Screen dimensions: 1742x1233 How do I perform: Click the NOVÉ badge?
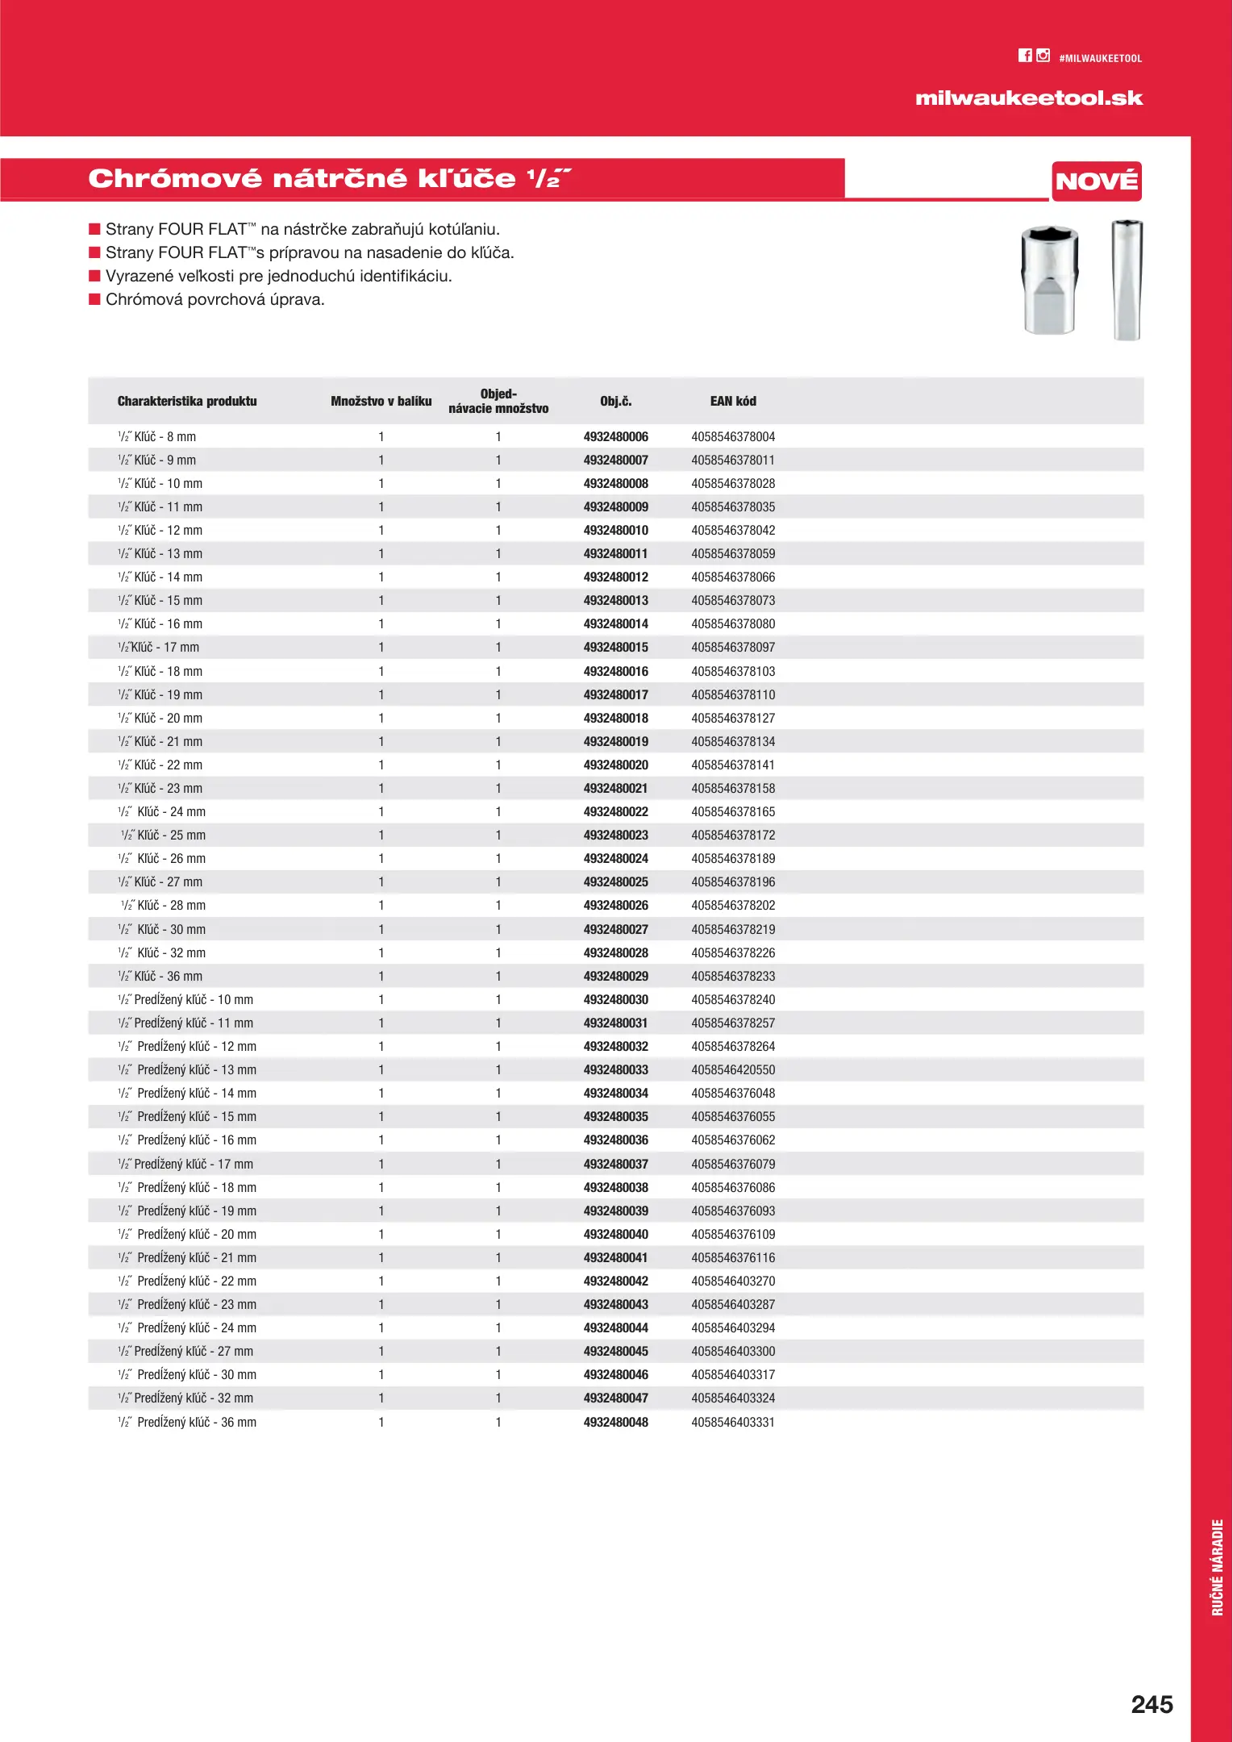[1096, 181]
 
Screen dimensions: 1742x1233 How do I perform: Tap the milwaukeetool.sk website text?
[1028, 98]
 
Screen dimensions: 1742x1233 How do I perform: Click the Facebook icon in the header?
[1025, 56]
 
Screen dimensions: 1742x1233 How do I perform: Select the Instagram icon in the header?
[1043, 56]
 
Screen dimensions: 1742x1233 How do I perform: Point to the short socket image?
[1049, 280]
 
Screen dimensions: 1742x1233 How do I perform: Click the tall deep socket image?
[1127, 280]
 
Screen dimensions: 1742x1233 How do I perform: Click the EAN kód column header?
[732, 401]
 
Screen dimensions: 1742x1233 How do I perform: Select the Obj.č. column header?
[615, 401]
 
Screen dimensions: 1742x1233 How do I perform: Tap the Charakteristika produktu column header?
[187, 401]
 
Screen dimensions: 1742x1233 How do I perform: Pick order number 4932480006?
[615, 436]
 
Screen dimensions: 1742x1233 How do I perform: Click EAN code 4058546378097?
[732, 647]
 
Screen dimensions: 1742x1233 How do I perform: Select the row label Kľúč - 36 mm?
[168, 976]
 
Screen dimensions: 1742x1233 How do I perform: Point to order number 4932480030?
[615, 999]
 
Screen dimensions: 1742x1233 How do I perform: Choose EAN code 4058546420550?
[732, 1069]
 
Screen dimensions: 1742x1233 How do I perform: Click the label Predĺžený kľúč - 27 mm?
[193, 1351]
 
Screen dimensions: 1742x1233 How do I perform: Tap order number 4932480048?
[615, 1422]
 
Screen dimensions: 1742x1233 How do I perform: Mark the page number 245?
[1151, 1704]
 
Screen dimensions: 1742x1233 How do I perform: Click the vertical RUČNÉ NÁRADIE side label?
[1217, 1567]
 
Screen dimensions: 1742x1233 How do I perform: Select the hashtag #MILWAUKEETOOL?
[1100, 59]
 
